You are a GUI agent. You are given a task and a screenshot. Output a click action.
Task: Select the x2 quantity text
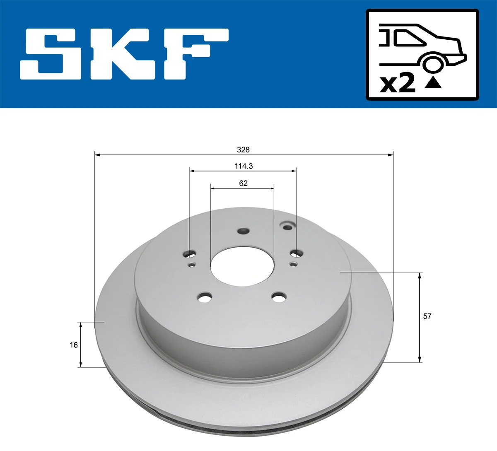click(x=398, y=83)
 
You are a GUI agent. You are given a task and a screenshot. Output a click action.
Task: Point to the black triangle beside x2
click(x=433, y=82)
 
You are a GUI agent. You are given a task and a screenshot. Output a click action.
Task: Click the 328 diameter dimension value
click(x=243, y=150)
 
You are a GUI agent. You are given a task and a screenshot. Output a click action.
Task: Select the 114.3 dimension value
click(x=244, y=166)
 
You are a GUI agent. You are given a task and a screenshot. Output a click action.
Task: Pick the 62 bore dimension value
click(x=243, y=183)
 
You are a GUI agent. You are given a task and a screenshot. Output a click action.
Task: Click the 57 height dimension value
click(x=427, y=316)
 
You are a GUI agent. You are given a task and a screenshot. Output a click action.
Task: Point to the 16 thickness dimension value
click(x=74, y=345)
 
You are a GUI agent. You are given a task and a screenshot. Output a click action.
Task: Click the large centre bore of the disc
click(x=242, y=266)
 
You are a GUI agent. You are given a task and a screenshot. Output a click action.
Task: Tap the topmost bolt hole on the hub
click(x=243, y=231)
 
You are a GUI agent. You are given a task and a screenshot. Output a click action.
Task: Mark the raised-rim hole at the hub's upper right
click(x=287, y=226)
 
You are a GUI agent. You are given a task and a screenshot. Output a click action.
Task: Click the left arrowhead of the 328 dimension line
click(x=98, y=155)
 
